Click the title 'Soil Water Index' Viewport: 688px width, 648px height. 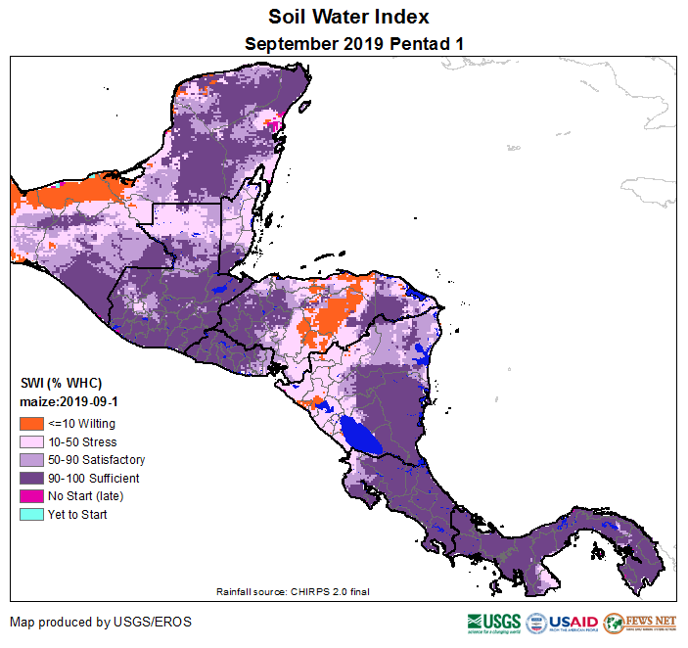pos(348,18)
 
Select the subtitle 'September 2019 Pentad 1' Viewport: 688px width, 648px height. pos(353,44)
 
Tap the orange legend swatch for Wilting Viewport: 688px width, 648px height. pos(31,424)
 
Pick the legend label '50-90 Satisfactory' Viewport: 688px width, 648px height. pos(96,460)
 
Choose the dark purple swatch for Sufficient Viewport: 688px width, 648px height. pos(31,479)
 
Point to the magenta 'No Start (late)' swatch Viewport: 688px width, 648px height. pos(31,496)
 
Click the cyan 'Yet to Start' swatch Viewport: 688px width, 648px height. pos(31,515)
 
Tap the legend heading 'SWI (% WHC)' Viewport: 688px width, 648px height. pos(61,383)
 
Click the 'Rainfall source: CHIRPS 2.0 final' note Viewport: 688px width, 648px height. pos(293,591)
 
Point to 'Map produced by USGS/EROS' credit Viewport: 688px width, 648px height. pos(101,623)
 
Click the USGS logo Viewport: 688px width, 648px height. pos(494,624)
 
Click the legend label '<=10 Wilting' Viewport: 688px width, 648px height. pos(81,424)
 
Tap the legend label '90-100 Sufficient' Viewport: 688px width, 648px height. pos(93,479)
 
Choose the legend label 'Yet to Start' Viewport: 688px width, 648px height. pos(77,515)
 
